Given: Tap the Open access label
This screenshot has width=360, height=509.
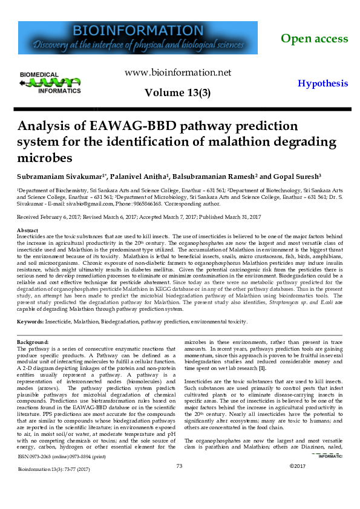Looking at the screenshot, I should pos(314,39).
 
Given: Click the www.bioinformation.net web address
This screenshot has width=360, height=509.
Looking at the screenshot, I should pos(178,73).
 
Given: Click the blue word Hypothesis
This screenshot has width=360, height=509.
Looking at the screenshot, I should pos(322,84).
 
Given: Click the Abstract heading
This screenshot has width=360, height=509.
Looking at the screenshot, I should pos(27,231).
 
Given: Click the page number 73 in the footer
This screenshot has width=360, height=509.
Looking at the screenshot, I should pos(179,482).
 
